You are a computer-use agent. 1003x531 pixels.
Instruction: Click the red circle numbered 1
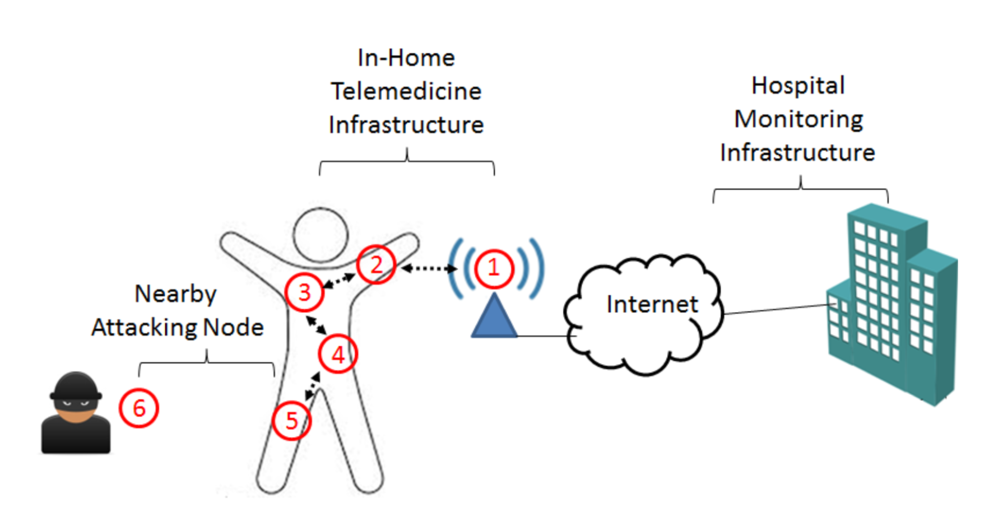(494, 268)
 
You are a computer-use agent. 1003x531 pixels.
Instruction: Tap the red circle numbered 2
(377, 264)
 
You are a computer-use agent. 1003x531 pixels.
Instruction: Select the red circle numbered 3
(304, 292)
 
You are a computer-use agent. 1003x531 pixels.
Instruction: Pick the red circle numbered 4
(338, 354)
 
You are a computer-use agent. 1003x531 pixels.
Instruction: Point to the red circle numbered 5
(291, 420)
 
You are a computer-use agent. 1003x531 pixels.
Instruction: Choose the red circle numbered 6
(139, 408)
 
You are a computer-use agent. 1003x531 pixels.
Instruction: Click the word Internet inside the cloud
(652, 304)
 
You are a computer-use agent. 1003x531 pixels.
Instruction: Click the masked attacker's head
(76, 393)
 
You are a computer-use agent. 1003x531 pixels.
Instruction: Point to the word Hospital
(798, 86)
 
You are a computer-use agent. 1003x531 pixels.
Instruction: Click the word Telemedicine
(406, 91)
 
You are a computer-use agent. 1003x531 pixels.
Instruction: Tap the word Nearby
(175, 294)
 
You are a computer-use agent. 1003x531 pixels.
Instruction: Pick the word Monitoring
(798, 119)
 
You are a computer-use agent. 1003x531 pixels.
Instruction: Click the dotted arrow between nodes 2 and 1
(429, 269)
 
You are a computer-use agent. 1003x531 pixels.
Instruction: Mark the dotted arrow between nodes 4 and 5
(312, 386)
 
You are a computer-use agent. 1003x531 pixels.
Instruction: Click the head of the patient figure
(321, 235)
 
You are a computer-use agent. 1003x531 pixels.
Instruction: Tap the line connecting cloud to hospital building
(776, 309)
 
